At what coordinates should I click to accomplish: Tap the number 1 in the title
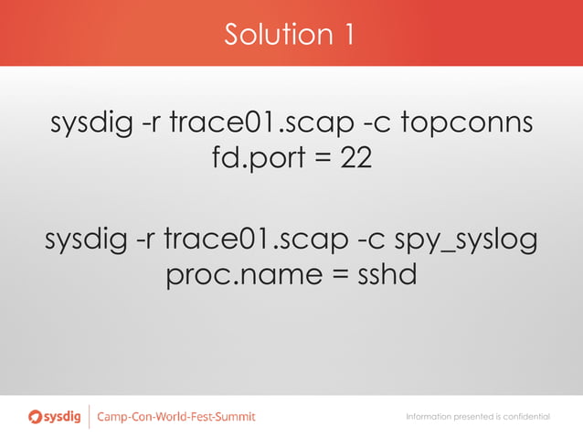coord(348,35)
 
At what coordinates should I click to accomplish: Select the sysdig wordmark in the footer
coord(65,417)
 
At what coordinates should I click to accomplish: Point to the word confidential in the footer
coord(524,417)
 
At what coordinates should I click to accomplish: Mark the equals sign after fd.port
coord(320,158)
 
